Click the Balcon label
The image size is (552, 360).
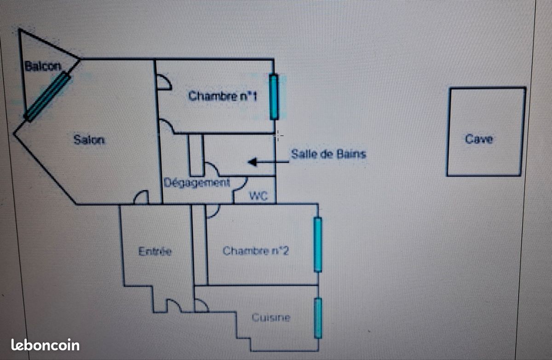[x=42, y=66]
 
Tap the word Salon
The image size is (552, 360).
[x=89, y=139]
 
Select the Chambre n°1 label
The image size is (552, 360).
[x=223, y=96]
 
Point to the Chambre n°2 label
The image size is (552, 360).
[x=256, y=251]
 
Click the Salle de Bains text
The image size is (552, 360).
[x=328, y=154]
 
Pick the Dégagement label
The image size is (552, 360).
[x=197, y=183]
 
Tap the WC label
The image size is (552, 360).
[x=259, y=196]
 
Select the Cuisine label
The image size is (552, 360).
[x=271, y=318]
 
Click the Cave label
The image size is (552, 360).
[x=479, y=139]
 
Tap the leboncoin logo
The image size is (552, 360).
[x=45, y=345]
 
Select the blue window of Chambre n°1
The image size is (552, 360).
[x=274, y=97]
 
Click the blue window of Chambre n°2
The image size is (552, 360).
[x=317, y=244]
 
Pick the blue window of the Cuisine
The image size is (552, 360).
[x=317, y=318]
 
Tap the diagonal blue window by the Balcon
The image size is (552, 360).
[x=47, y=97]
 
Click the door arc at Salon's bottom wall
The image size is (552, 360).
[x=141, y=197]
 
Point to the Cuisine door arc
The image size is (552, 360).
[x=201, y=305]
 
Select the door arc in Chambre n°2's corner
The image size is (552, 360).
[x=213, y=211]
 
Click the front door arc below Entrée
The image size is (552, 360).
[x=173, y=305]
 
